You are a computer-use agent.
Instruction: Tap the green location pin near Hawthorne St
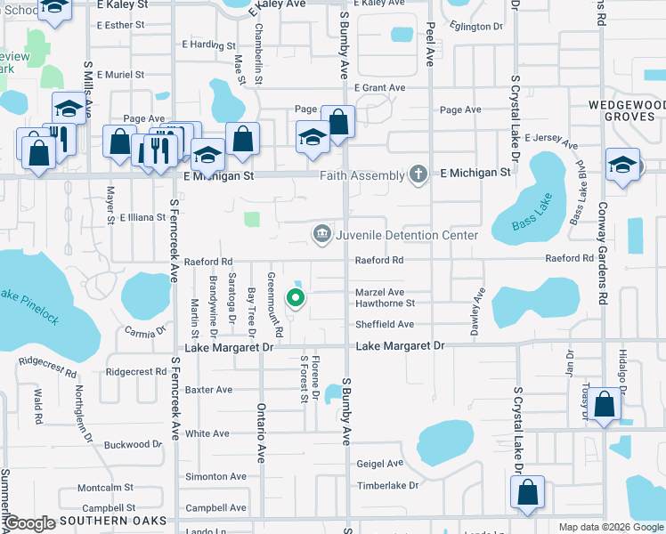pos(296,298)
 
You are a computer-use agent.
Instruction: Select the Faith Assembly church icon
pos(419,174)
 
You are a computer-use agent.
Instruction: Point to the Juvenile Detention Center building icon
pos(321,234)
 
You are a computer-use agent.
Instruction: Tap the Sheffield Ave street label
pos(386,324)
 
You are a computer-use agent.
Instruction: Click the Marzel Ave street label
pos(380,292)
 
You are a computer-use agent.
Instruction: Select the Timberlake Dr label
pos(387,485)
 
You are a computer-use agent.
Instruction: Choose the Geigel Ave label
pos(380,463)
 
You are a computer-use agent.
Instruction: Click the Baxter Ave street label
pos(208,390)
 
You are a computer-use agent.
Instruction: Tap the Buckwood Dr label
pos(133,444)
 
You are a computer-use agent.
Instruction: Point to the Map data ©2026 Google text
pos(610,527)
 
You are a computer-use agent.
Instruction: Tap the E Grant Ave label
pos(380,88)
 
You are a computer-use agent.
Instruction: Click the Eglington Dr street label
pos(476,27)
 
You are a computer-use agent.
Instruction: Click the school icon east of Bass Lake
pos(622,165)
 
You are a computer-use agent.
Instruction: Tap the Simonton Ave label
pos(215,477)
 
